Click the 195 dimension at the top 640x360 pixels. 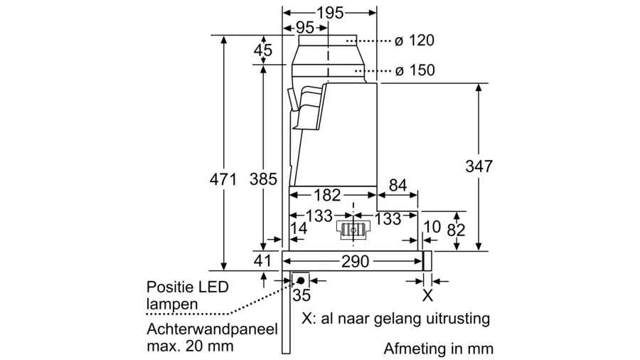point(329,13)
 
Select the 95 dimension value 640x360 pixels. point(304,28)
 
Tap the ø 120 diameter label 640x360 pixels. point(415,41)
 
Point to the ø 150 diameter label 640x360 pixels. point(415,70)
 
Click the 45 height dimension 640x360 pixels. point(263,51)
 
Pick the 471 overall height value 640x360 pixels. point(223,180)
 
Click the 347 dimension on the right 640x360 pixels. point(479,166)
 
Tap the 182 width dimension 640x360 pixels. point(328,195)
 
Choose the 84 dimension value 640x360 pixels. point(398,186)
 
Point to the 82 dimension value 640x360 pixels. point(456,230)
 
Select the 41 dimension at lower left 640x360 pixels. point(263,261)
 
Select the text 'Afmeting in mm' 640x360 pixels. point(438,349)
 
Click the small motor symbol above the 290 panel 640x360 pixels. point(353,229)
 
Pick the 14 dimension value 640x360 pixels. point(299,228)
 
